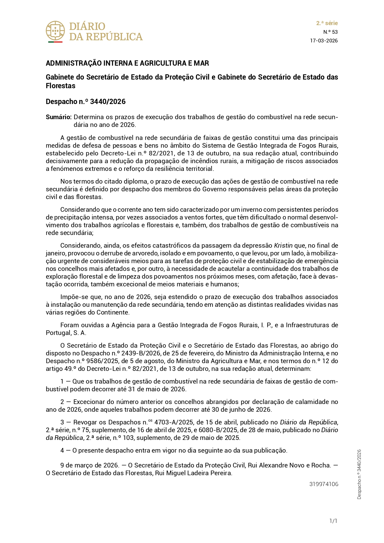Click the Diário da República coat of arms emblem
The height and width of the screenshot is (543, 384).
[x=55, y=31]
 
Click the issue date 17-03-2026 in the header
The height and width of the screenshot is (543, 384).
[x=324, y=41]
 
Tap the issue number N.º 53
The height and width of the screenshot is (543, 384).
[x=330, y=32]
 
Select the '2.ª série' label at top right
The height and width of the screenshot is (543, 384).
[x=327, y=23]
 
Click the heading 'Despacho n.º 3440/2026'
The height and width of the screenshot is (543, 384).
[x=86, y=102]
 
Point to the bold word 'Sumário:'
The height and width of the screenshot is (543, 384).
[x=59, y=117]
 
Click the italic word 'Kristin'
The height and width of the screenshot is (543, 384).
[x=283, y=245]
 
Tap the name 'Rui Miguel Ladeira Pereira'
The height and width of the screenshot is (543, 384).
[x=193, y=473]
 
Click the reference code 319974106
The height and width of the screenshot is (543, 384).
[x=324, y=484]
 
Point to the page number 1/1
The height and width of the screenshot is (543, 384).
[x=333, y=521]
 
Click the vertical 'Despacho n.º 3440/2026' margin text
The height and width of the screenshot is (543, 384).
[x=359, y=474]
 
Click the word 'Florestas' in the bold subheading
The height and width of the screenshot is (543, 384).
[x=61, y=86]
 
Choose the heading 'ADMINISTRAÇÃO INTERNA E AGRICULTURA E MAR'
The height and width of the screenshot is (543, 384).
[x=127, y=63]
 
